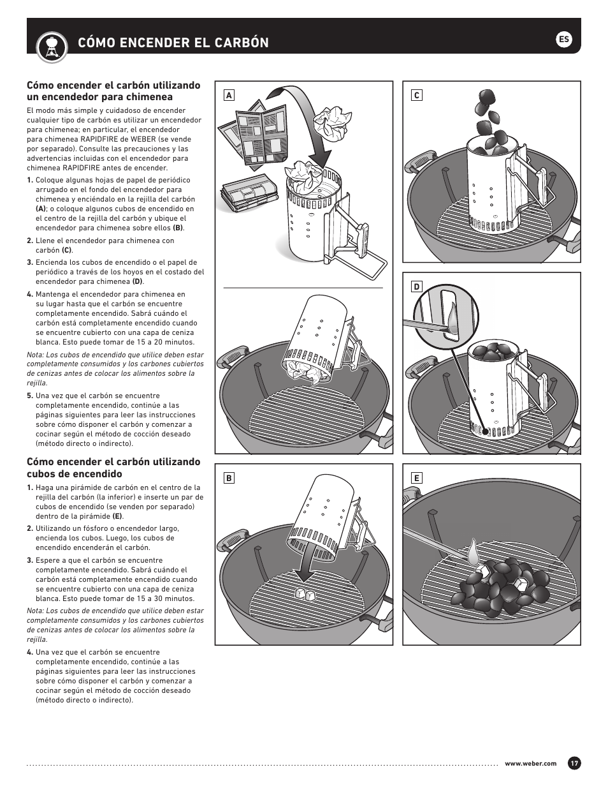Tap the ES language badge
point(563,40)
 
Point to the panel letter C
point(416,95)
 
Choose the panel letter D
point(416,286)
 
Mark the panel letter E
point(416,478)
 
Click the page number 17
point(574,763)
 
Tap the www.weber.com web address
point(530,764)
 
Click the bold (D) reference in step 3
point(138,281)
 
